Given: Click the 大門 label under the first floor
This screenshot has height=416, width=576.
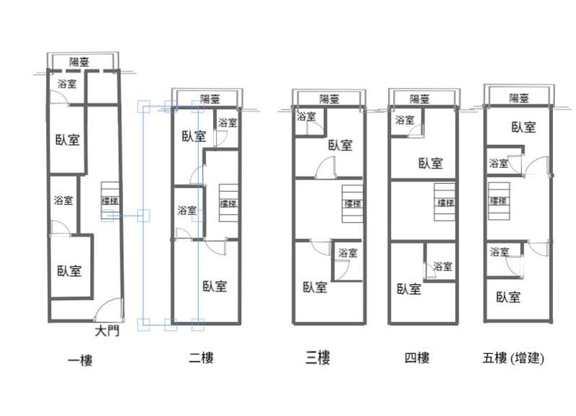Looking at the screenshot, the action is (107, 331).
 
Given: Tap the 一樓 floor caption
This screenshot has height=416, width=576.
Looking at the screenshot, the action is (80, 360).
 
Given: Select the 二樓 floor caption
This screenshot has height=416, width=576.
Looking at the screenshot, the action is (202, 358).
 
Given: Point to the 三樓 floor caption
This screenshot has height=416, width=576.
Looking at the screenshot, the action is (318, 358).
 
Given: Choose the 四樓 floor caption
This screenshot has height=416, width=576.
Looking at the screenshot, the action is (417, 358).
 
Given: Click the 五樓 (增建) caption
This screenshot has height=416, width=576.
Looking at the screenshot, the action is (513, 358).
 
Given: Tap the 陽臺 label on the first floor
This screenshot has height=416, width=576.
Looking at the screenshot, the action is (79, 62).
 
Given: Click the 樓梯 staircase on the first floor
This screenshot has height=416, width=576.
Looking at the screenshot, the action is (110, 201).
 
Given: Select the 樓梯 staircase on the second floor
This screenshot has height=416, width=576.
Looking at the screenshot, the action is (228, 203).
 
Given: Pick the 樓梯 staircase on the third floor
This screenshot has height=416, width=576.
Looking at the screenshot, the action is (353, 203).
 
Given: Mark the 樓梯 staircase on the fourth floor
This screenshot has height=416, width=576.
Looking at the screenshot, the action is (445, 202).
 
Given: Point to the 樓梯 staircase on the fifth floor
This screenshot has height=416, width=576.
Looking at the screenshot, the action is (498, 201).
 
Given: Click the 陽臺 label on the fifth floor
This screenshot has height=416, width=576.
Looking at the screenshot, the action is (519, 98).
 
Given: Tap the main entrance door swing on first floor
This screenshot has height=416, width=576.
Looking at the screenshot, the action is (109, 310).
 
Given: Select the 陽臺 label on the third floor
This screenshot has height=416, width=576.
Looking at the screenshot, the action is (329, 99).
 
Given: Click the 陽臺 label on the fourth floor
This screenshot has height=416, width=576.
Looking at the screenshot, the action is (420, 99).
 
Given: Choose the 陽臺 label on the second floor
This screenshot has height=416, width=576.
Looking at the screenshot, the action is (210, 99).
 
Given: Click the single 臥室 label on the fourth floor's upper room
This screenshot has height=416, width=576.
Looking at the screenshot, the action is (431, 163).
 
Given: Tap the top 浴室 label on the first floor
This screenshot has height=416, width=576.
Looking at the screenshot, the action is (67, 84).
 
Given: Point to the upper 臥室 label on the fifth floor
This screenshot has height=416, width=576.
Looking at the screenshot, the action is (524, 128).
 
